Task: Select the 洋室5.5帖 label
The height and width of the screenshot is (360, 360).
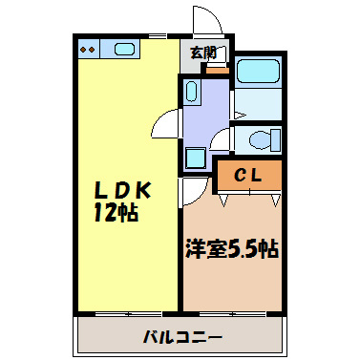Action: [231, 249]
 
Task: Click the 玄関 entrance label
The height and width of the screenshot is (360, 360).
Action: [202, 53]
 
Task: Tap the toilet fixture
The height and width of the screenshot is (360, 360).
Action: [260, 139]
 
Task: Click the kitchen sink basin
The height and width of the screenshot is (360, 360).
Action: [123, 49]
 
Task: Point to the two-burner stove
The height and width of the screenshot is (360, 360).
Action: [88, 49]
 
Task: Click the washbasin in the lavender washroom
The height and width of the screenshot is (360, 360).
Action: [190, 93]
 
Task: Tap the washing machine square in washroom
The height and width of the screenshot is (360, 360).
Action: [196, 159]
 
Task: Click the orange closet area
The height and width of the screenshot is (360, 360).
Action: [247, 176]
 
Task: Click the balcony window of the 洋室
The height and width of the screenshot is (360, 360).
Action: [231, 312]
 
